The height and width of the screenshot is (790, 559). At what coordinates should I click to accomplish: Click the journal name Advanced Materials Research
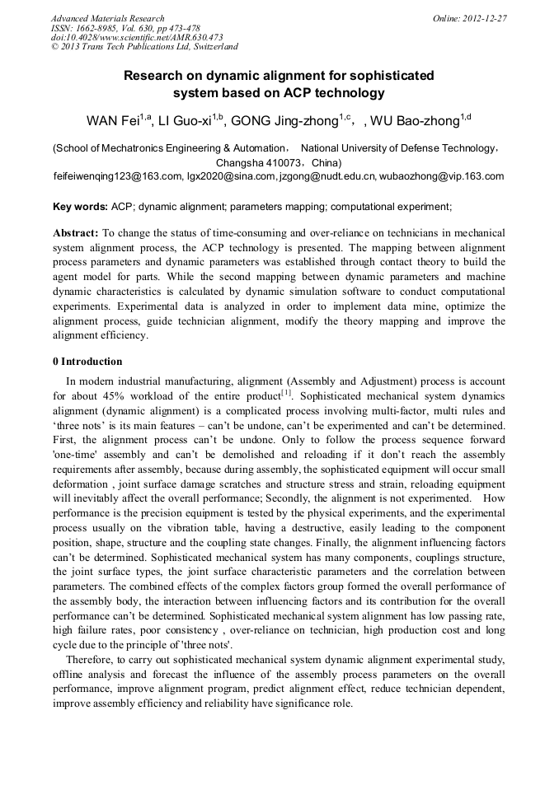[108, 18]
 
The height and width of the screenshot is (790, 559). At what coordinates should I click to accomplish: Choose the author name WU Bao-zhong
[415, 122]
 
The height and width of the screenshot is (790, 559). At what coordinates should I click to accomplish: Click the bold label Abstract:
[76, 233]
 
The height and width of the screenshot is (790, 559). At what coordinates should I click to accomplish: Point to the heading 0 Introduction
[87, 362]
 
